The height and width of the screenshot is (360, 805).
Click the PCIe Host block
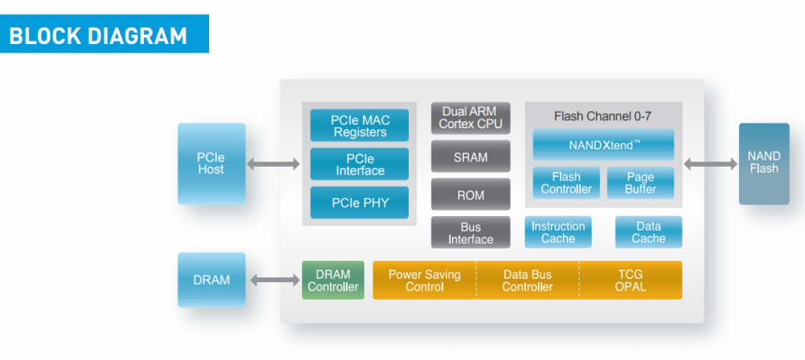tap(211, 163)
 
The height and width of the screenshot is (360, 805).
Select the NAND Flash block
tap(763, 163)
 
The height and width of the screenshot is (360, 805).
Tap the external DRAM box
tap(211, 280)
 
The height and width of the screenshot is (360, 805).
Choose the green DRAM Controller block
tap(333, 280)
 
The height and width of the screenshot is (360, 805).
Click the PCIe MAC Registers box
tap(360, 126)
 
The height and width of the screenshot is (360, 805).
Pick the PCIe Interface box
tap(360, 164)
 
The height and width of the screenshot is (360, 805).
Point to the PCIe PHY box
tap(360, 203)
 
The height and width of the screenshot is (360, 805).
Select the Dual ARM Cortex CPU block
tap(470, 118)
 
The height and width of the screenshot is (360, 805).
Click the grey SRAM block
tap(470, 157)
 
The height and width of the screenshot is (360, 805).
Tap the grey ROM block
tap(470, 195)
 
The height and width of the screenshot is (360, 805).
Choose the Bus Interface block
tap(470, 233)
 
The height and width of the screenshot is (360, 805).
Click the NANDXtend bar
tap(603, 145)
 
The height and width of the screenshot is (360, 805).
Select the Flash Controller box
tap(566, 182)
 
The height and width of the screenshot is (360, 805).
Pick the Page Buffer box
tap(641, 182)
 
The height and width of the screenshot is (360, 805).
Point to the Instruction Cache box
tap(558, 233)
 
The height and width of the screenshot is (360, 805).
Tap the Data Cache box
tap(649, 233)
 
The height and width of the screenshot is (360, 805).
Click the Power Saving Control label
tap(425, 281)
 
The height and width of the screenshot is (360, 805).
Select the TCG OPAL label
tap(630, 281)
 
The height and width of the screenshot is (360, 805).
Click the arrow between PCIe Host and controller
tap(274, 164)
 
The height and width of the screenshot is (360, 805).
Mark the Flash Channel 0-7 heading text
tap(602, 116)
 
